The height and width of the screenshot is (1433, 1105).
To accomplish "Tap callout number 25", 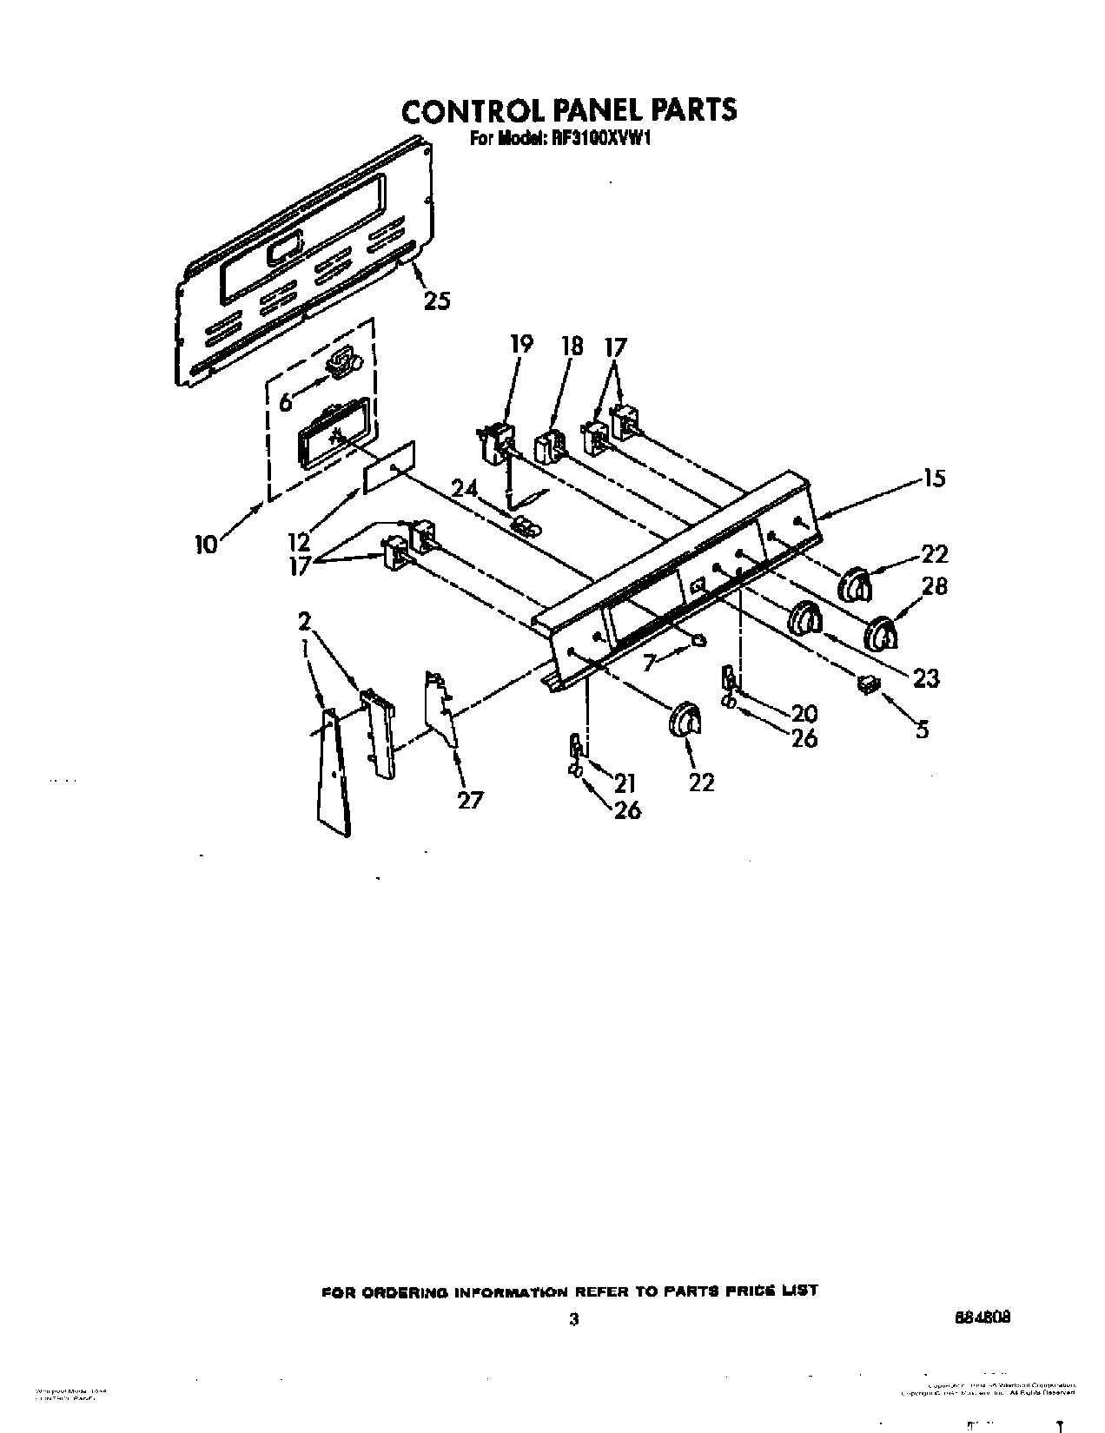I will coord(437,300).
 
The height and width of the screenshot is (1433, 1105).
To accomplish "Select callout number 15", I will coord(935,478).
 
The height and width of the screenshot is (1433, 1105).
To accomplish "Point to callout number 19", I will coord(521,344).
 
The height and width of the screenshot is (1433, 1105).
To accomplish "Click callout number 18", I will coord(572,345).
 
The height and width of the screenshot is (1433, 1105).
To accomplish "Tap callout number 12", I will coord(299,542).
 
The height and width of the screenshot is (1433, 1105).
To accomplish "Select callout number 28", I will coord(934,586).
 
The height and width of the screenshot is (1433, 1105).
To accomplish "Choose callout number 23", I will coord(926,677).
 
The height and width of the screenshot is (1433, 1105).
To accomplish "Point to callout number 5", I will coord(922,730).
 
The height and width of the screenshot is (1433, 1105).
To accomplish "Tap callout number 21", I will coord(626,783).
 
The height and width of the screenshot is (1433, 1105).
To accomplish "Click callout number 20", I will coord(804,713).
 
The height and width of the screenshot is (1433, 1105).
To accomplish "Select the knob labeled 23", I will coord(804,620).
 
